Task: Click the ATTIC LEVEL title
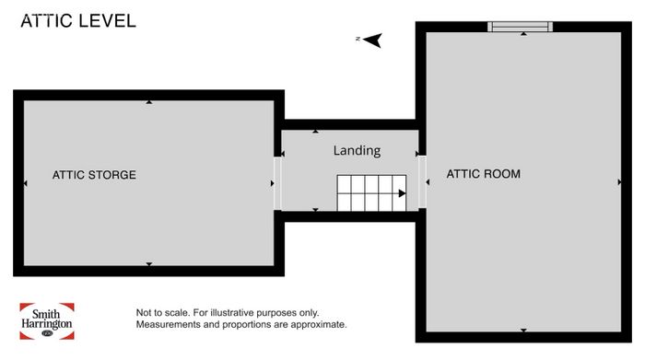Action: [x=78, y=21]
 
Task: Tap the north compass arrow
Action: [x=372, y=40]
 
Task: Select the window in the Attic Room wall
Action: [x=520, y=27]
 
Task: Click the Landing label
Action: [x=357, y=150]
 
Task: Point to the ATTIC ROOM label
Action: [x=484, y=174]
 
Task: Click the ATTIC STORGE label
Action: [x=94, y=175]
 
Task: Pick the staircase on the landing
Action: [x=371, y=192]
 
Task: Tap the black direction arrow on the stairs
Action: [x=402, y=193]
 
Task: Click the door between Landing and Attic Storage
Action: [x=277, y=183]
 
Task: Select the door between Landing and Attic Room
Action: [x=422, y=181]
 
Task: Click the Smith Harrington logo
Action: [x=47, y=321]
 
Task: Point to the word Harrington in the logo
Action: [x=47, y=324]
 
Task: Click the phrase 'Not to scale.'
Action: [x=163, y=313]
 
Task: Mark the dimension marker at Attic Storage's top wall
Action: [x=149, y=102]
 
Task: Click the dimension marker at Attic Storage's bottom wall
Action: [x=149, y=264]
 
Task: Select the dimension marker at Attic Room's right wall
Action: [x=619, y=182]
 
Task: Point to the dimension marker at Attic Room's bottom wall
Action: [x=523, y=330]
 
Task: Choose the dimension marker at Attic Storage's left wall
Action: [x=26, y=183]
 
